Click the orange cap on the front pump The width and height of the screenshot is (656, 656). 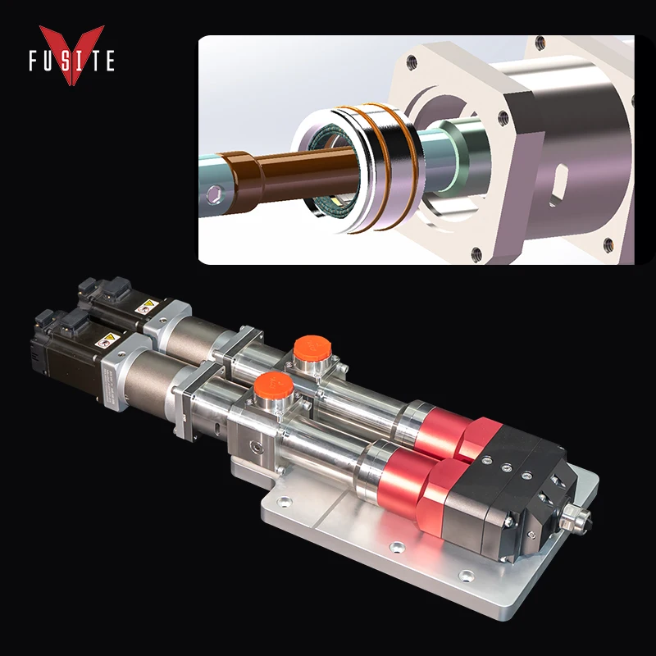pos(267,385)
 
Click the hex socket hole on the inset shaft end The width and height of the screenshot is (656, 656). pos(215,194)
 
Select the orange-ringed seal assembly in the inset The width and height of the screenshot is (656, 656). pos(361,168)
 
